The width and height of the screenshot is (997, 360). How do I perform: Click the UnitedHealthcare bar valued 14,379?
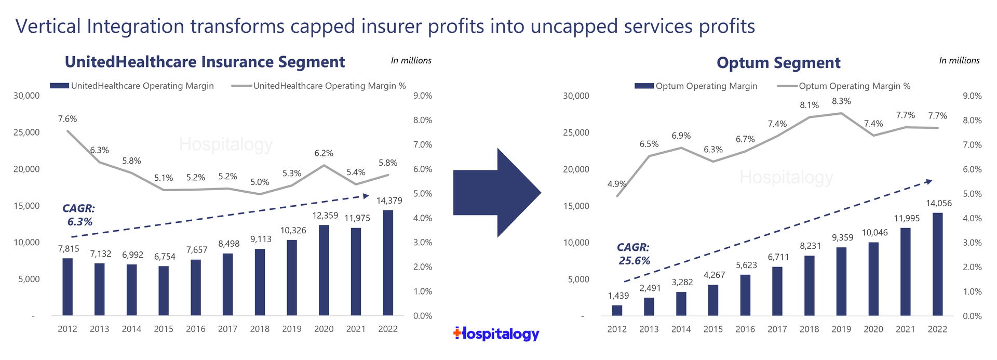[x=388, y=262]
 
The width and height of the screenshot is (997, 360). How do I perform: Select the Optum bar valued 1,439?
[x=617, y=310]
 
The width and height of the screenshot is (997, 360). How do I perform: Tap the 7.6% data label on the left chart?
[x=68, y=119]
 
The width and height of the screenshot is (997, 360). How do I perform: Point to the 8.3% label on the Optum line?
[x=841, y=101]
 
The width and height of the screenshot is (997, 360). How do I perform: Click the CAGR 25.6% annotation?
[x=634, y=254]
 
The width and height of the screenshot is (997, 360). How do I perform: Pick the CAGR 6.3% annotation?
[x=79, y=215]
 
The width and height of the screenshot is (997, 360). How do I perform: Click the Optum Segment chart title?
[x=778, y=63]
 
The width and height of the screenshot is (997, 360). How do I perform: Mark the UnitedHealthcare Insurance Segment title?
[x=205, y=62]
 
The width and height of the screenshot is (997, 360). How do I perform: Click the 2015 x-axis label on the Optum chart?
[x=713, y=329]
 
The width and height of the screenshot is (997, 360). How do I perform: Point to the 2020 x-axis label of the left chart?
[x=324, y=329]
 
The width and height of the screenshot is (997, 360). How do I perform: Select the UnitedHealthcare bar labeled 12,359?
[x=324, y=270]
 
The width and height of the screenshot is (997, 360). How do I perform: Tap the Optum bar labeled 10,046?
[x=873, y=279]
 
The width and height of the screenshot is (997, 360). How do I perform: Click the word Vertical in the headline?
[x=48, y=26]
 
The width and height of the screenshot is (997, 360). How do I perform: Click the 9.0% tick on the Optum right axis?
[x=973, y=96]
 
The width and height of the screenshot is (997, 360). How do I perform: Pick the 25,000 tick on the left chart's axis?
[x=26, y=132]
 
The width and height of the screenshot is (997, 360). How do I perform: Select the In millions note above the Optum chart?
[x=959, y=61]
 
